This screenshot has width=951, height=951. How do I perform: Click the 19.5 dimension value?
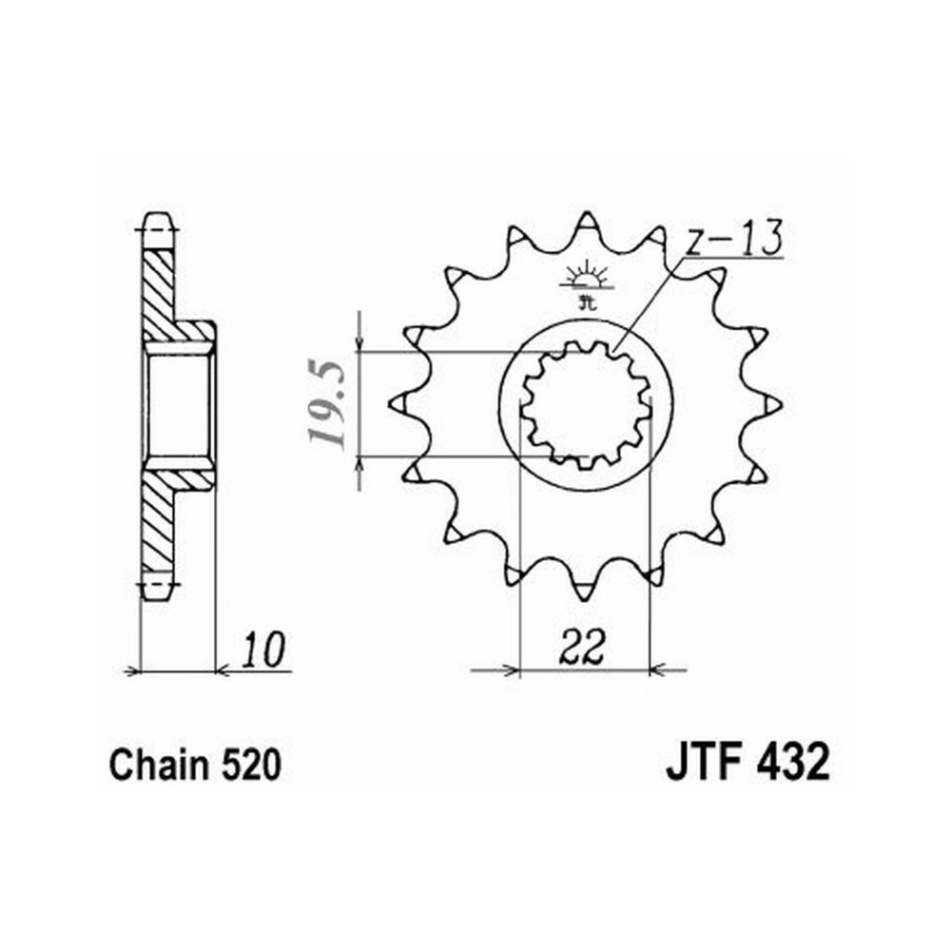(x=326, y=404)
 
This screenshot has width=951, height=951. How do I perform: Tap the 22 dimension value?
(x=583, y=647)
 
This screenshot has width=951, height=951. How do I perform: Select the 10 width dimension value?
(x=262, y=650)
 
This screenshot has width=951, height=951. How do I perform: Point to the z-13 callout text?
(x=733, y=239)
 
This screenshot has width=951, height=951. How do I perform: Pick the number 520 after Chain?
(x=251, y=765)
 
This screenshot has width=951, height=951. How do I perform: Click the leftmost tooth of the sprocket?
(x=401, y=402)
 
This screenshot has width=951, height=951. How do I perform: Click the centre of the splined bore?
(x=586, y=404)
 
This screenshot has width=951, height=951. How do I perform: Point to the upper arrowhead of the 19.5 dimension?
(x=360, y=344)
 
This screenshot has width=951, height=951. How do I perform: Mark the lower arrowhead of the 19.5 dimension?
(x=360, y=465)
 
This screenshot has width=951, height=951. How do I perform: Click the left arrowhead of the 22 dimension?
(x=510, y=670)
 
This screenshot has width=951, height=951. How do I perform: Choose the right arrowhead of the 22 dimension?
(x=660, y=670)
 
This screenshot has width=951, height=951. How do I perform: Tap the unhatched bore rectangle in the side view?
(x=179, y=406)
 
